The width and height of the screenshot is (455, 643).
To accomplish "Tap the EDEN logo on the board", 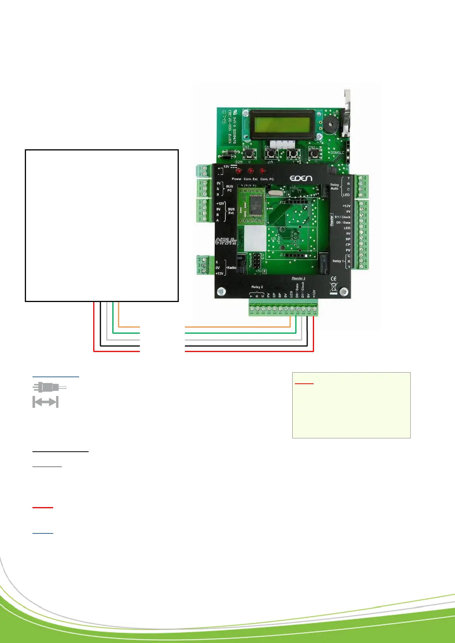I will (301, 178).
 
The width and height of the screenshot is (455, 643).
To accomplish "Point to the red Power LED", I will (238, 171).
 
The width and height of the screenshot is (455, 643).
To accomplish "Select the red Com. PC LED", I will (262, 171).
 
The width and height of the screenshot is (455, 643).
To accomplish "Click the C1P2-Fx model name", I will (226, 241).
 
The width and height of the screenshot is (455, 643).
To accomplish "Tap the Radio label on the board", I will (232, 268).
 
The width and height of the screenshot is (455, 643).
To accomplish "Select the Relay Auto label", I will (334, 186).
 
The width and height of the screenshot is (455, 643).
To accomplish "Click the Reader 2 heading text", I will (298, 278).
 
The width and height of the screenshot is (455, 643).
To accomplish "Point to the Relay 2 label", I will (257, 287).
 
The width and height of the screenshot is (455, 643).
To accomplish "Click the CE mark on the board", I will (334, 279).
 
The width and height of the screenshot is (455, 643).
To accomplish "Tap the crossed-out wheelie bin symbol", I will (334, 288).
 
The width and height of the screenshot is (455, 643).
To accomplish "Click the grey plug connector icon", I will (49, 387).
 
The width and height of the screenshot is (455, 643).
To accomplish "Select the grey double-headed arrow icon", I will (45, 402).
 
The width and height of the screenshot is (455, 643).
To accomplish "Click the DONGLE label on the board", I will (337, 153).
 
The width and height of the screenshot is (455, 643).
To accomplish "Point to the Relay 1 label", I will (337, 261).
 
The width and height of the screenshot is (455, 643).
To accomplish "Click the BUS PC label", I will (230, 188).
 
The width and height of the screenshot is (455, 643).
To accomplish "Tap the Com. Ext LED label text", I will (251, 179).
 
